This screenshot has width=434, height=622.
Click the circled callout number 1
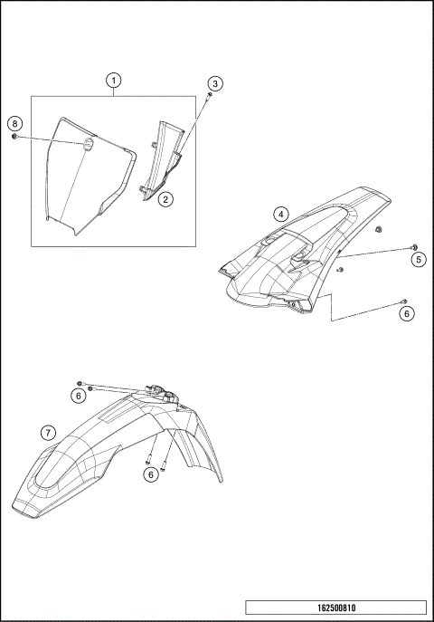click(113, 81)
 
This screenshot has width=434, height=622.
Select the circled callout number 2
click(165, 196)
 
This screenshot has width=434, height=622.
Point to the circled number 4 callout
click(282, 214)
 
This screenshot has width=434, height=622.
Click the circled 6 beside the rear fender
click(406, 313)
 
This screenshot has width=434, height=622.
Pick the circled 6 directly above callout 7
click(80, 395)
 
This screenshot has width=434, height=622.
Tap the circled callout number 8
click(14, 123)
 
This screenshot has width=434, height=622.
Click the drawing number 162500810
click(335, 607)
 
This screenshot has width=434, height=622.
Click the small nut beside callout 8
click(16, 137)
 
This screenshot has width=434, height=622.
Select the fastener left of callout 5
click(413, 247)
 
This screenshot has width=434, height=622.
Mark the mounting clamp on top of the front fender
click(161, 393)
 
